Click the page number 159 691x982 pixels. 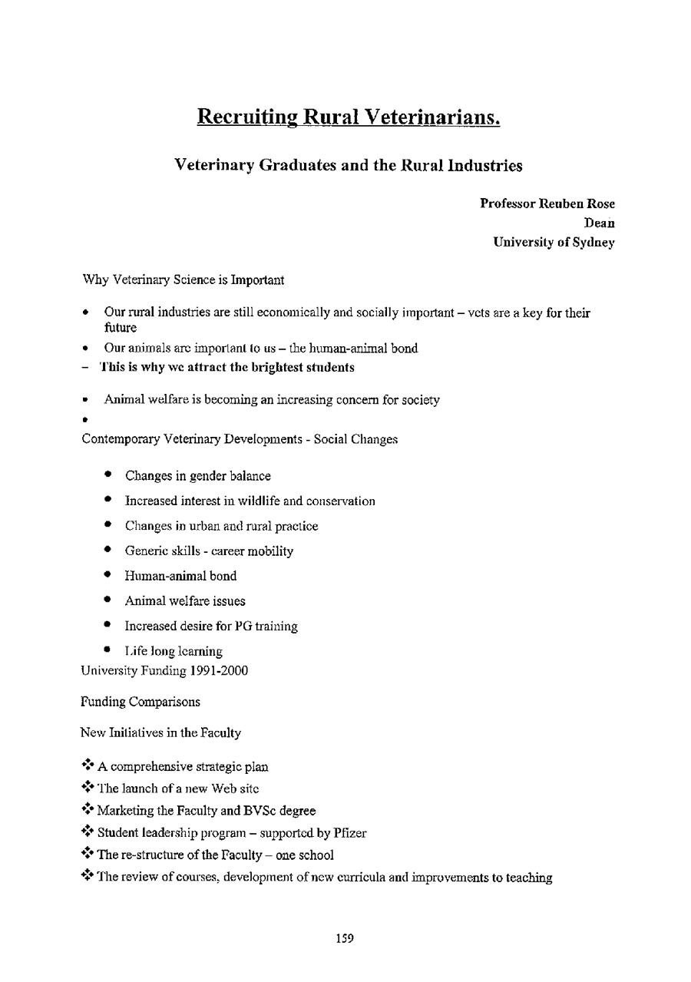(345, 938)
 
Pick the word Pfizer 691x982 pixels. (350, 833)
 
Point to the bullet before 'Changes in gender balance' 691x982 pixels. (111, 475)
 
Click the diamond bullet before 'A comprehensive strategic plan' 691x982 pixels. (87, 765)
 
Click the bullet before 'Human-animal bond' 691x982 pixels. (111, 575)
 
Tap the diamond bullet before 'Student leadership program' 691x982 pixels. (87, 832)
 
